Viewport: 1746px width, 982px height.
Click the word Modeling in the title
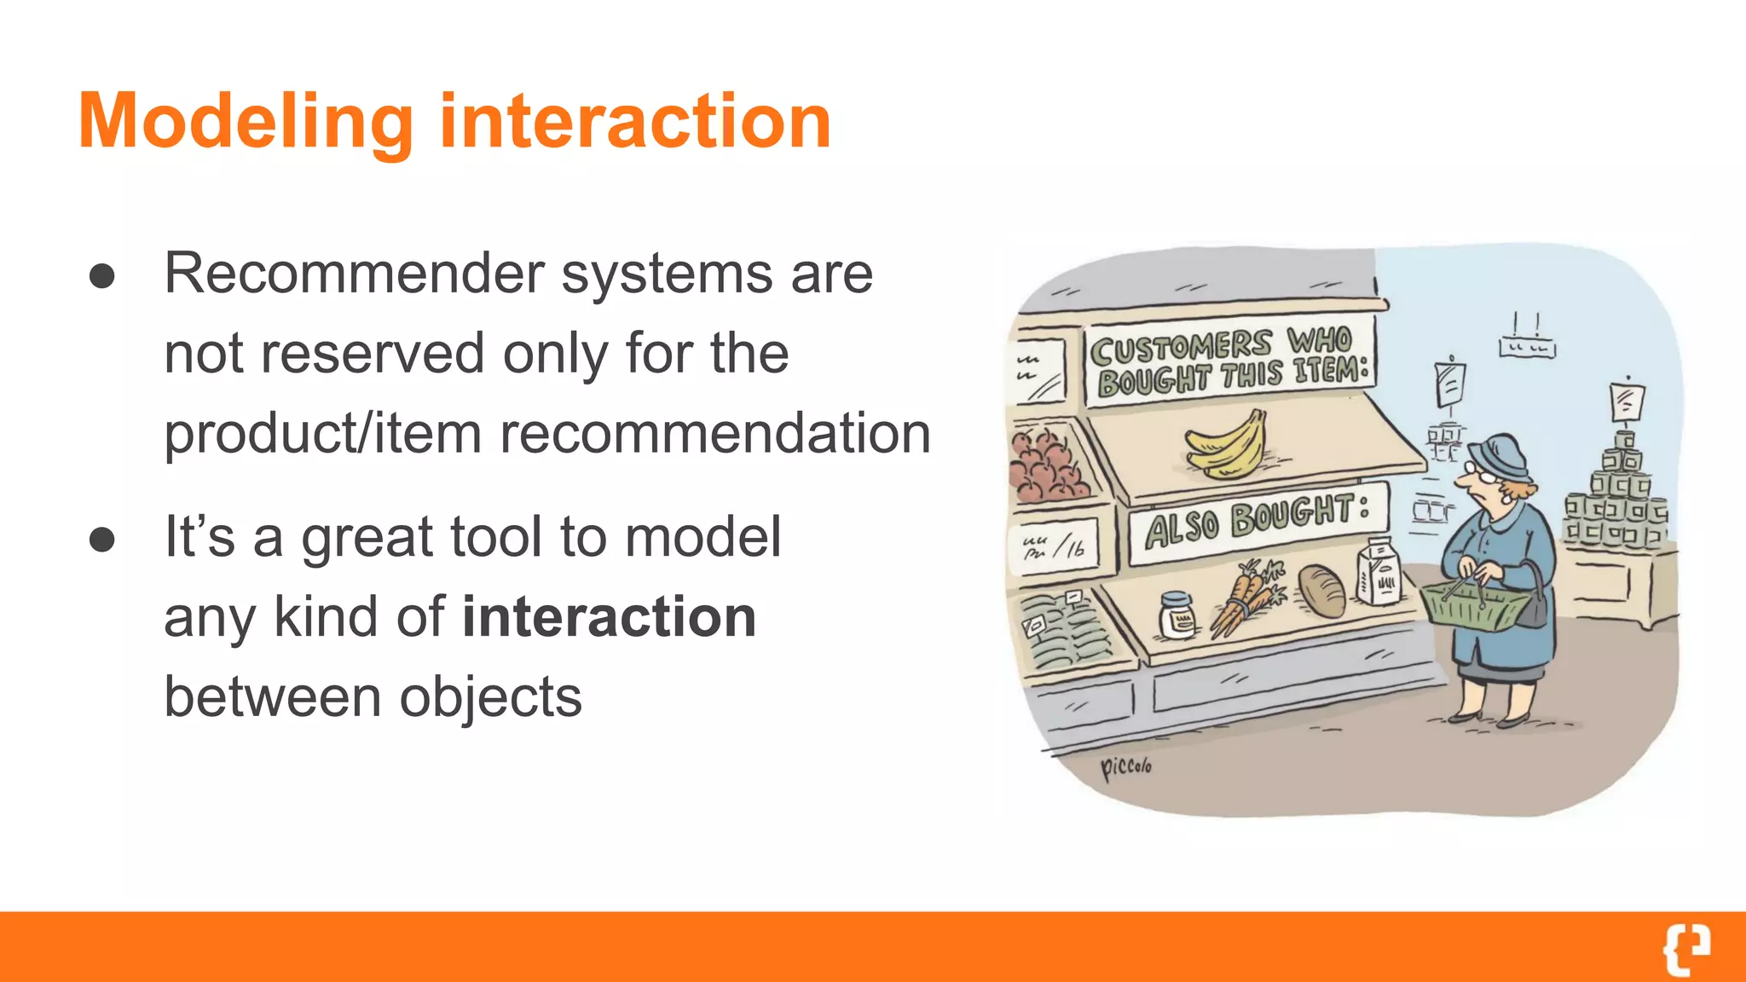pos(246,122)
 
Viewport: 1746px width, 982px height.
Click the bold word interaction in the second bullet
pos(609,616)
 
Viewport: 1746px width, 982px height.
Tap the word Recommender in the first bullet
pos(354,274)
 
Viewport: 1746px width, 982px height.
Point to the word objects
pos(490,696)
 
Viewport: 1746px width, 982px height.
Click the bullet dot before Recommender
pos(102,276)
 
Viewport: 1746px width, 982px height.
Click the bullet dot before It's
pos(102,540)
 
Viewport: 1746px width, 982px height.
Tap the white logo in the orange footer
pos(1685,948)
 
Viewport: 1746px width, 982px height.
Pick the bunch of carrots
pos(1246,598)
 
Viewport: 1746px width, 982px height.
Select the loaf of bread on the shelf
pos(1321,590)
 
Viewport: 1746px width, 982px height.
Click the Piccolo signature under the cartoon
pos(1125,766)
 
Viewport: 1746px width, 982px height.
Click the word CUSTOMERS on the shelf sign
pos(1181,348)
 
